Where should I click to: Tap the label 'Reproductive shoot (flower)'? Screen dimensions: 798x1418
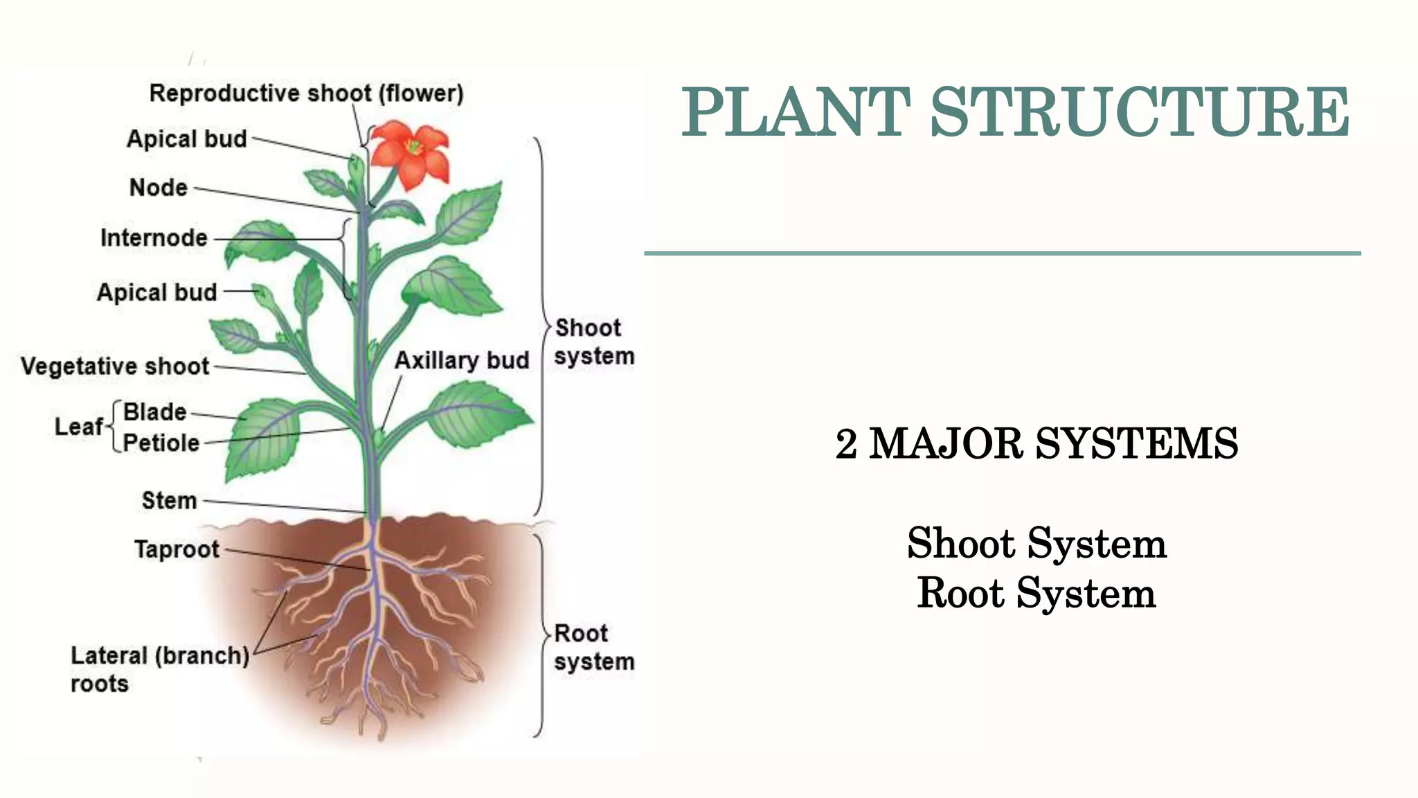(306, 94)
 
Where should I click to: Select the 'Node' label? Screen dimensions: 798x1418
(159, 188)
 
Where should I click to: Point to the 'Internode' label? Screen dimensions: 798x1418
(154, 238)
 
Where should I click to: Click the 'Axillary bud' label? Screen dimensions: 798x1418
(462, 361)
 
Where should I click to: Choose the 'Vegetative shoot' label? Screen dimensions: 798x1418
(115, 366)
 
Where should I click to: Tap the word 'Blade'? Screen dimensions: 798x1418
(155, 412)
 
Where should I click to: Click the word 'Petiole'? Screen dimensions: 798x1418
(161, 443)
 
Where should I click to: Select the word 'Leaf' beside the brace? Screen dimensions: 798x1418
(79, 427)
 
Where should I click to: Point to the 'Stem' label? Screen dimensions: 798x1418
(170, 501)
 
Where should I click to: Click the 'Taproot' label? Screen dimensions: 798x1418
(177, 549)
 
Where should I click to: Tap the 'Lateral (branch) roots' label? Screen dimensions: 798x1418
(160, 669)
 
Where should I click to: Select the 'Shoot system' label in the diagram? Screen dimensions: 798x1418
(593, 342)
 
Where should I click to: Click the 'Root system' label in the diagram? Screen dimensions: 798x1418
(593, 648)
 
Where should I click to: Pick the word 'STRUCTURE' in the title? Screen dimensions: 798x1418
(1139, 112)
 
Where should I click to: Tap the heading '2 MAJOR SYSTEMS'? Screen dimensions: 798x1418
(1036, 444)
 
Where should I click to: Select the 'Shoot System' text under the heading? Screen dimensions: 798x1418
(1036, 544)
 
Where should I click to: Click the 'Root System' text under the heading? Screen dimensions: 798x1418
(1036, 594)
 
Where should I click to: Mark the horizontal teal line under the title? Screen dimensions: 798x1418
(1002, 254)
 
